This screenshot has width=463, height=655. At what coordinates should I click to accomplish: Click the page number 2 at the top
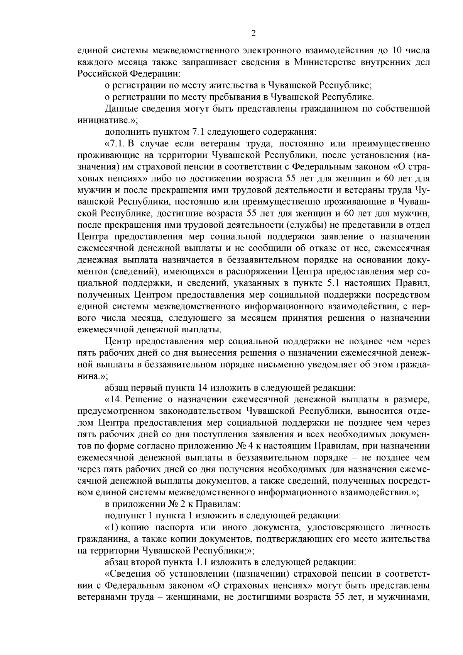[x=253, y=34]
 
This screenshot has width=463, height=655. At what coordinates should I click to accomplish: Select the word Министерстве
[x=324, y=62]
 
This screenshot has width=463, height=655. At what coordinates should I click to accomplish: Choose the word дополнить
[x=123, y=131]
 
